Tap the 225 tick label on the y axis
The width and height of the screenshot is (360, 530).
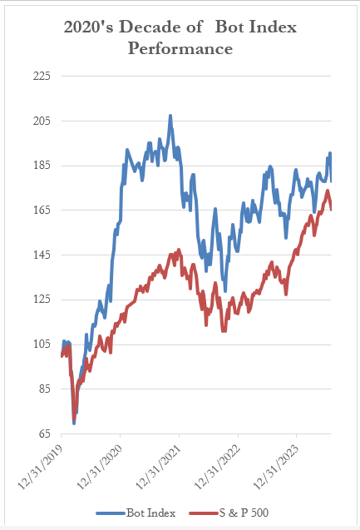pos(41,77)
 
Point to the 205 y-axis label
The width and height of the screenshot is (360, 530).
pos(41,121)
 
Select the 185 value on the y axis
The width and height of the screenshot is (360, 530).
pos(41,166)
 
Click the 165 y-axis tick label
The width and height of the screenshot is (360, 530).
pos(41,211)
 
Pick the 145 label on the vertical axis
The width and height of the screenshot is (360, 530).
pos(41,255)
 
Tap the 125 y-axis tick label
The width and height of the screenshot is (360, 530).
pos(41,300)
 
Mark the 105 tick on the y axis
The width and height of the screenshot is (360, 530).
pos(41,344)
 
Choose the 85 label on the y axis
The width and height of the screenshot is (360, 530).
pos(43,389)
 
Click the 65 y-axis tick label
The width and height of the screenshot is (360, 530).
pos(43,433)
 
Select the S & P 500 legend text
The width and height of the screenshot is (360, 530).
pos(244,513)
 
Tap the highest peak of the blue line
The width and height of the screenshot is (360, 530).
pos(170,116)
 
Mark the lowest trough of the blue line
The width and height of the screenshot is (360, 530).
pos(74,423)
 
